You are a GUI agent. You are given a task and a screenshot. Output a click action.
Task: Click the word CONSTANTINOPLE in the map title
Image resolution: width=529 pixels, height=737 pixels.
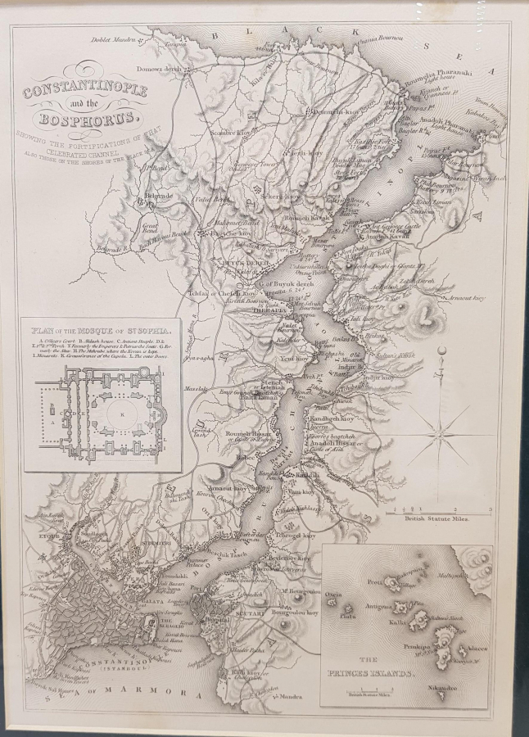[x=85, y=90]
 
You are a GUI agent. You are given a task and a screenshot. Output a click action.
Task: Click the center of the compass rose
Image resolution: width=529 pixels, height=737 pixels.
[x=441, y=427]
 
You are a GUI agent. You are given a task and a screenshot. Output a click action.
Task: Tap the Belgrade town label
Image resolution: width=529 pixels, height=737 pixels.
[x=158, y=197]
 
